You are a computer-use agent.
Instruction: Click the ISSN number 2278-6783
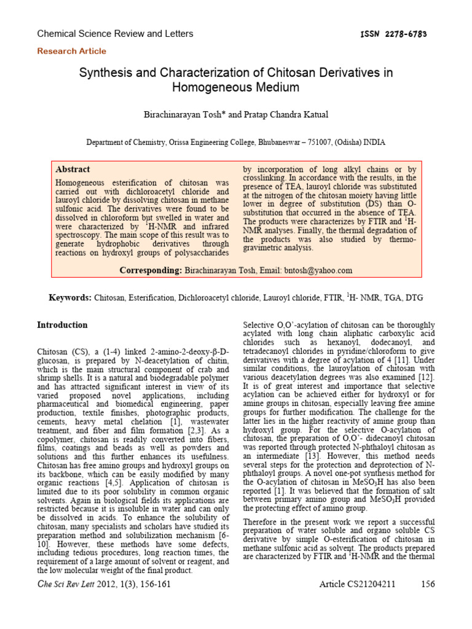click(x=402, y=34)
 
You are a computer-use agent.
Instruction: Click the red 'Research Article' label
click(x=72, y=52)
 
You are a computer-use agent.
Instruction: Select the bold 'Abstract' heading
click(x=73, y=170)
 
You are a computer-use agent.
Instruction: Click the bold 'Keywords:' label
click(x=71, y=298)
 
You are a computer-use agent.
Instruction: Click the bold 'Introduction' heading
click(x=63, y=325)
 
